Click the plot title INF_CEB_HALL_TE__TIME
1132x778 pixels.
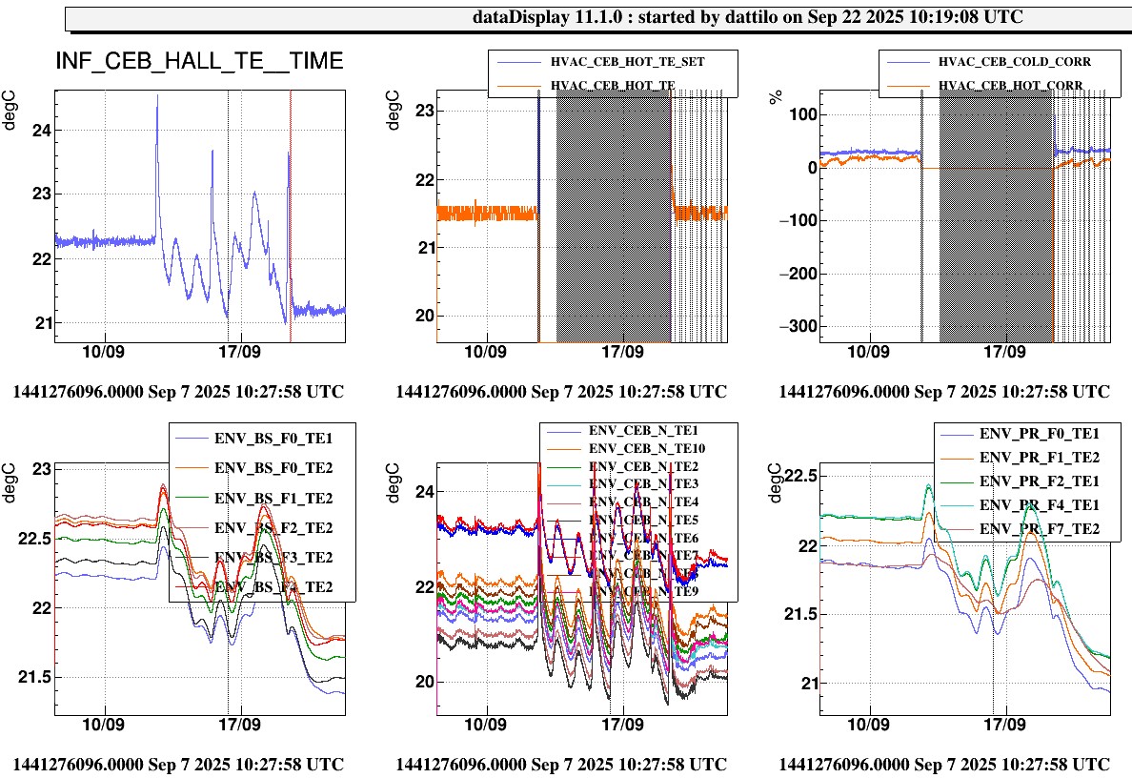pos(199,63)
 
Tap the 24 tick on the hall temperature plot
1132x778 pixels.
pos(41,131)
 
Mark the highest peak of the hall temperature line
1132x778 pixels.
pos(157,95)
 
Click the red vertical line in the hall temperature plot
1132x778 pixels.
pos(291,210)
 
